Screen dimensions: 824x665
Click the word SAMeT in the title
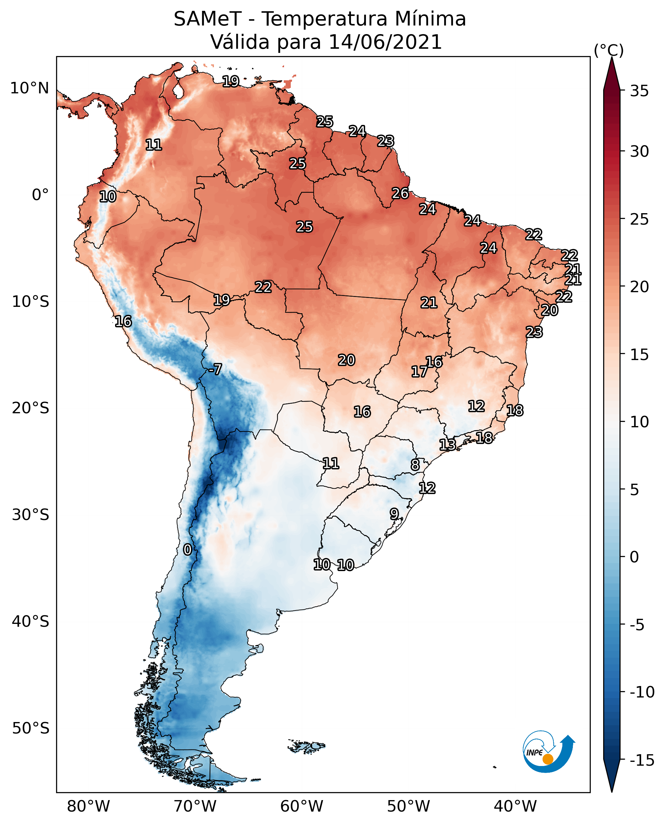pyautogui.click(x=208, y=19)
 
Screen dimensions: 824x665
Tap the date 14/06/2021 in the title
pyautogui.click(x=385, y=42)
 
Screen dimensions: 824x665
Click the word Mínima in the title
pyautogui.click(x=430, y=19)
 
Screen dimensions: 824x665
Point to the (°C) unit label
pyautogui.click(x=609, y=50)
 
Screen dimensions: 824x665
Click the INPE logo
pyautogui.click(x=549, y=752)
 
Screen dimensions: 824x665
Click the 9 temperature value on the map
pyautogui.click(x=394, y=514)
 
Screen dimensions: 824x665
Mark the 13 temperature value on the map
pyautogui.click(x=447, y=445)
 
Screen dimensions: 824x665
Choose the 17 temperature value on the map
pyautogui.click(x=420, y=372)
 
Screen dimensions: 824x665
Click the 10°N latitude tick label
pyautogui.click(x=30, y=89)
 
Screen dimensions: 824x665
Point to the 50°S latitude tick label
pyautogui.click(x=31, y=728)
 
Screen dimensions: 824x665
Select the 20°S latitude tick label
pyautogui.click(x=31, y=408)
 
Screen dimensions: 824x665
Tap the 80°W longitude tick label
pyautogui.click(x=89, y=806)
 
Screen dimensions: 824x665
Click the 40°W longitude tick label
pyautogui.click(x=515, y=806)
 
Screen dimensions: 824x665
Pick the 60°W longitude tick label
pyautogui.click(x=302, y=806)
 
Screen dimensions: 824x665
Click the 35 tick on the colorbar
pyautogui.click(x=639, y=91)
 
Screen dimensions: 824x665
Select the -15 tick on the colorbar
pyautogui.click(x=642, y=760)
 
